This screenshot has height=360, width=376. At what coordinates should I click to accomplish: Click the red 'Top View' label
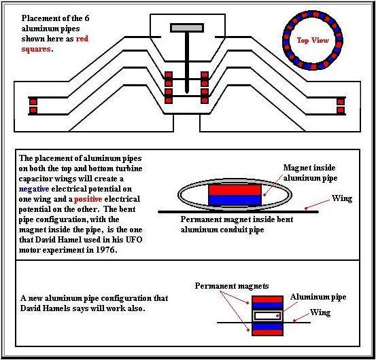[x=313, y=40]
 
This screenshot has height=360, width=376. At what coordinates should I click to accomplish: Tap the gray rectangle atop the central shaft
[x=187, y=28]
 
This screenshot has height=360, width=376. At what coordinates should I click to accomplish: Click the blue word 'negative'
[x=34, y=189]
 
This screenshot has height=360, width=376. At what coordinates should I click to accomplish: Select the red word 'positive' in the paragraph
[x=88, y=199]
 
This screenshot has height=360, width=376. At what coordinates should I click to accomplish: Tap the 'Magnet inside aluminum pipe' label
[x=310, y=173]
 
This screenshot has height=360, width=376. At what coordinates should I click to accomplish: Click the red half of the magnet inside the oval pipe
[x=235, y=190]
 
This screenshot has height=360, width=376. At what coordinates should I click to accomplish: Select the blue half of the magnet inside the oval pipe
[x=235, y=200]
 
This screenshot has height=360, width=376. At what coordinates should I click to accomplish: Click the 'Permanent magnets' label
[x=232, y=286]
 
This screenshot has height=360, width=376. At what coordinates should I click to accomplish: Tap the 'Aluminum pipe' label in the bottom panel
[x=318, y=297]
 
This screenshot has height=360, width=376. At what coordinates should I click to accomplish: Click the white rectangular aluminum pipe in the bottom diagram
[x=267, y=316]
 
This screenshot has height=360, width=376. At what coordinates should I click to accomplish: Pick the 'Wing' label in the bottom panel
[x=320, y=312]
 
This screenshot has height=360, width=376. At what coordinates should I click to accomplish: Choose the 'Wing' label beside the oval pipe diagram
[x=342, y=198]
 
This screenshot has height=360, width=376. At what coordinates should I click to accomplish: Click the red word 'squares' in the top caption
[x=36, y=49]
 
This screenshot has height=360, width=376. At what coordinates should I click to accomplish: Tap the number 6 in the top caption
[x=87, y=18]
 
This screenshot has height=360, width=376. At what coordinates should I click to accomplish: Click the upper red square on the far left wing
[x=33, y=102]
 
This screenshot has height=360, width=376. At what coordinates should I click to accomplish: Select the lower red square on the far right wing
[x=341, y=111]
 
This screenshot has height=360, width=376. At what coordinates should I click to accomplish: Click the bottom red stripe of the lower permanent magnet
[x=267, y=332]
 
